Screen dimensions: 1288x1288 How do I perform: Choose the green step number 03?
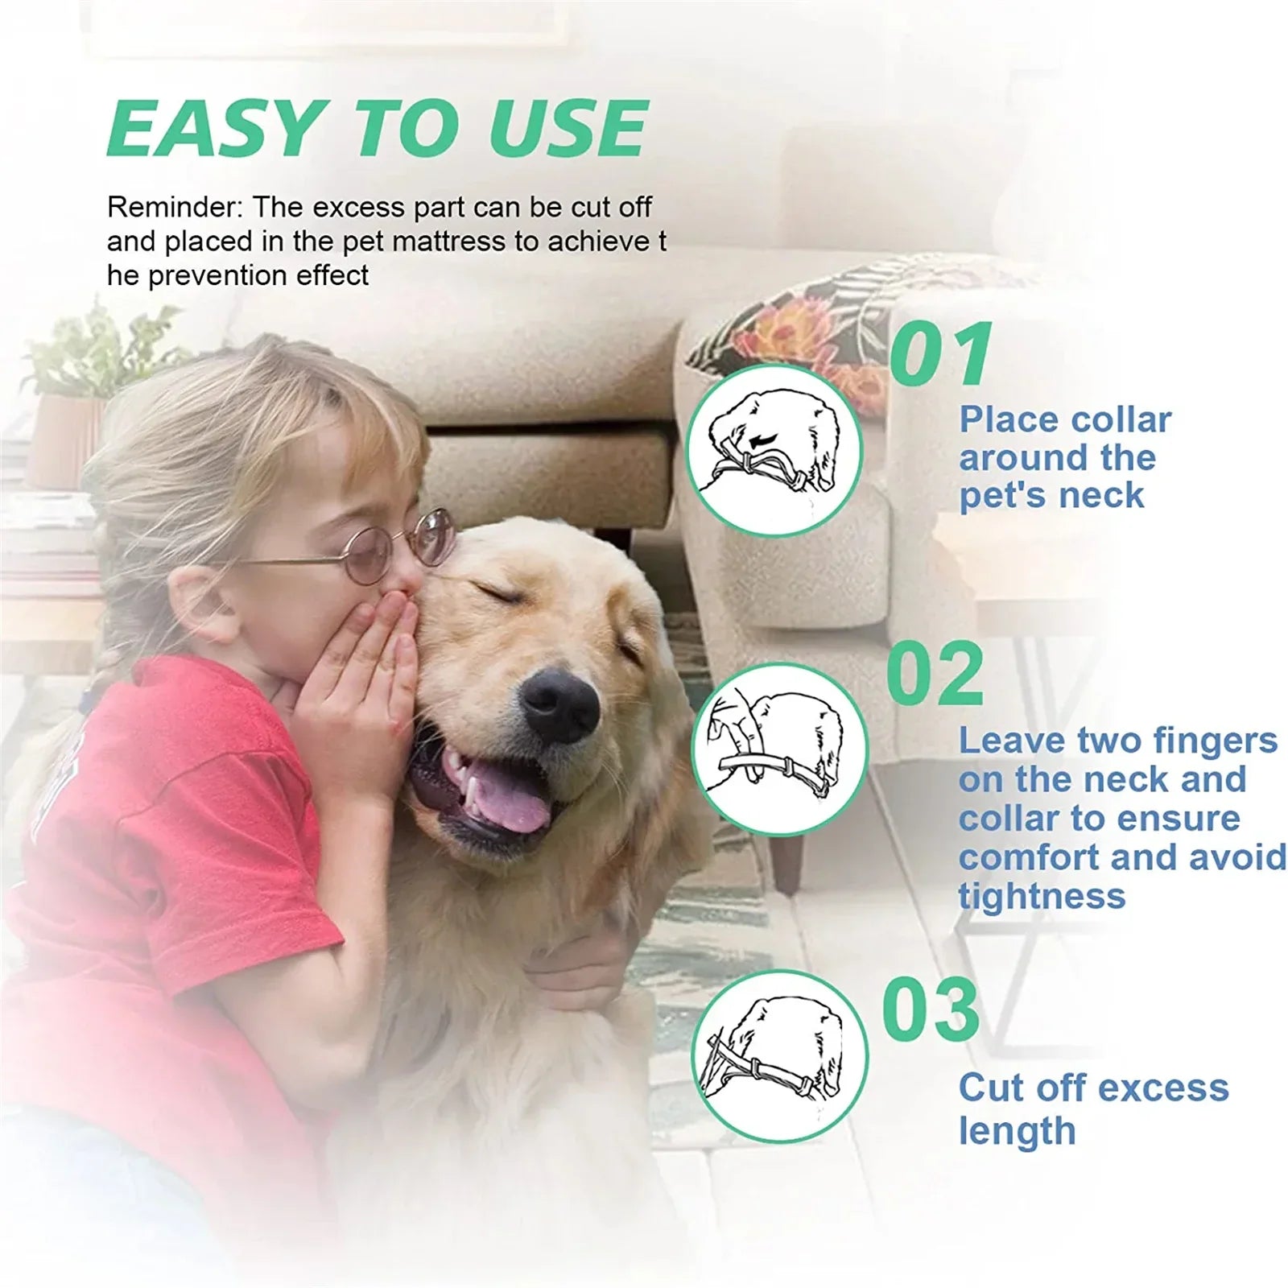pos(931,1009)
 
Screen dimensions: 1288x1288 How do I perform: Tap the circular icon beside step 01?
pos(776,450)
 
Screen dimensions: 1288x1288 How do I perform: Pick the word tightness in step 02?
pos(1042,896)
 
